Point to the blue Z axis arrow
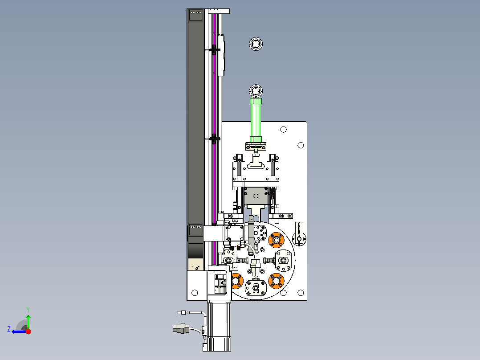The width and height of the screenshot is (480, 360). [19, 331]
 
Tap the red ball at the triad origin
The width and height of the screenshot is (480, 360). [28, 331]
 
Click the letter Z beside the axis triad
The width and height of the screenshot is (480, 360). [9, 329]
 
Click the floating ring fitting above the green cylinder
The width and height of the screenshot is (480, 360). [256, 44]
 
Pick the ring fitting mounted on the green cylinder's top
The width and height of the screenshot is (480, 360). [256, 91]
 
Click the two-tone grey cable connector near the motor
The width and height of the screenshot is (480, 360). [181, 328]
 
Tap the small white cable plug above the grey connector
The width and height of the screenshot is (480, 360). [182, 312]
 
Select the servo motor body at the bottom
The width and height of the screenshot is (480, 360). [219, 326]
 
